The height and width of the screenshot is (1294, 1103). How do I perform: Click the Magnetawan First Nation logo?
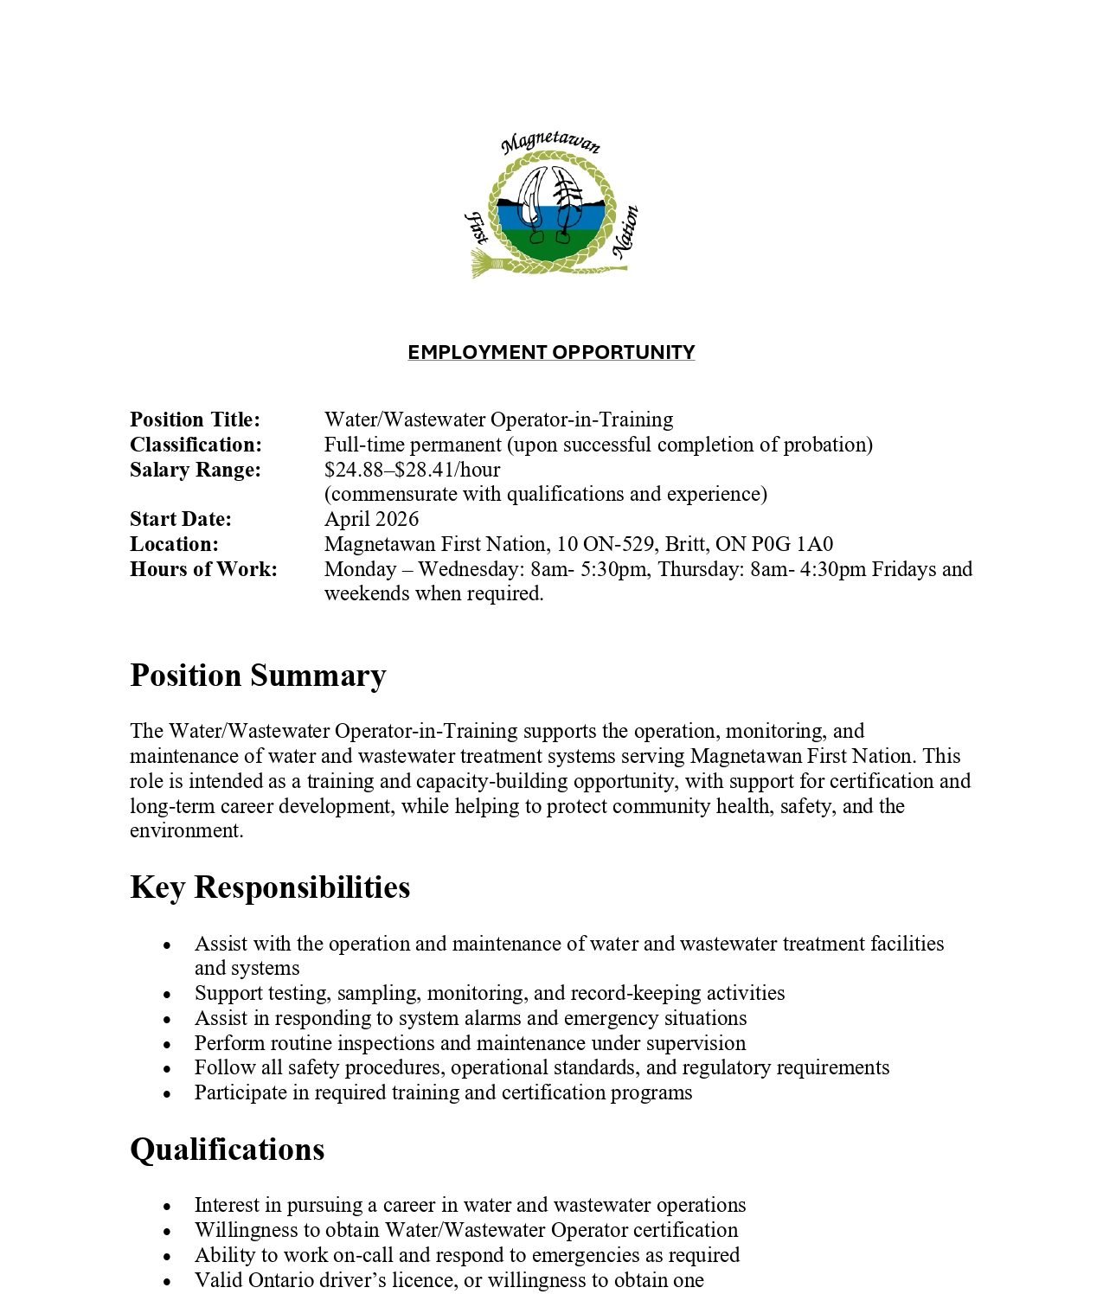tap(551, 208)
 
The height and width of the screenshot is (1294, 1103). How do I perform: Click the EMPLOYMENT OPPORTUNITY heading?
tap(551, 352)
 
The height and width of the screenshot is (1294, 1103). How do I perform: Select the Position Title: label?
tap(195, 420)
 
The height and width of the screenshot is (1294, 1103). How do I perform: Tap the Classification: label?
tap(196, 445)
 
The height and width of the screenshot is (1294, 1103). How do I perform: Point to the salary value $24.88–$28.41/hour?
tap(412, 470)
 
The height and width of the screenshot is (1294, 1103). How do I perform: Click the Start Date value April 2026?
tap(371, 519)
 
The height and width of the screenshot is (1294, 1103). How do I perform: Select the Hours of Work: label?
tap(203, 569)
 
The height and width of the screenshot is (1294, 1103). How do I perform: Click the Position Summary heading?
tap(258, 676)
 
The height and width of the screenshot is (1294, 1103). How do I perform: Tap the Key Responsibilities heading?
tap(270, 887)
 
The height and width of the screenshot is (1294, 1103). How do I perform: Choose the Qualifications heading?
tap(228, 1150)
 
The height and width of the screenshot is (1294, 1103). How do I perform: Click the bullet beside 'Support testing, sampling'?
tap(168, 995)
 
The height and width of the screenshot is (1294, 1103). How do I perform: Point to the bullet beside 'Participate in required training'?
tap(168, 1094)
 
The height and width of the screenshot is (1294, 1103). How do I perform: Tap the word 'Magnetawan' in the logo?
tap(551, 142)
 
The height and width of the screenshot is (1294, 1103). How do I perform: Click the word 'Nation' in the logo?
tap(625, 231)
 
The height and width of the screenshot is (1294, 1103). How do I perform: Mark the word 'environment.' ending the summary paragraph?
tap(187, 830)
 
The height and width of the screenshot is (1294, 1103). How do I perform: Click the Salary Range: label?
tap(195, 470)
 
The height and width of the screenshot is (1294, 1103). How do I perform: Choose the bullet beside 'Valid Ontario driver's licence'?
tap(168, 1281)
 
